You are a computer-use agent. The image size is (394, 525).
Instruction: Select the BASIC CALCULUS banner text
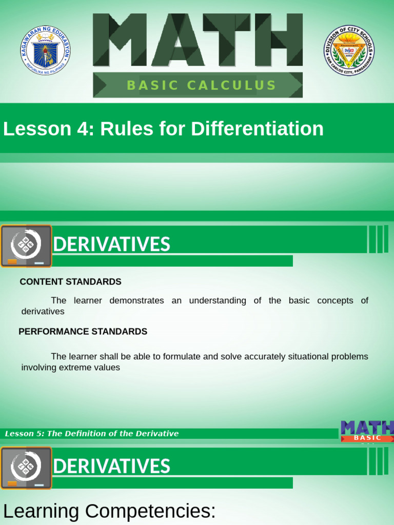[202, 86]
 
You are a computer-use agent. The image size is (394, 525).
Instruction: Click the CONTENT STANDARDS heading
[70, 282]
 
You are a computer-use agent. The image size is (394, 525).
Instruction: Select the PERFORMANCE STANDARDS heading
[83, 332]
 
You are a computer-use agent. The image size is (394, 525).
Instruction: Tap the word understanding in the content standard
[218, 301]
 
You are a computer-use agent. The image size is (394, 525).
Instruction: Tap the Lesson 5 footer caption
[92, 434]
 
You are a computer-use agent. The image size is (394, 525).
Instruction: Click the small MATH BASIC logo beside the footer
[367, 431]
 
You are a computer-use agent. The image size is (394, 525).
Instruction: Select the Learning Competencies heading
[109, 511]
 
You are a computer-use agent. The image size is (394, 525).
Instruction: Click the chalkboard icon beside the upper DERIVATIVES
[26, 246]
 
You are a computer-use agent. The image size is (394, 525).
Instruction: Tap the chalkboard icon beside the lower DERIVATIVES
[26, 468]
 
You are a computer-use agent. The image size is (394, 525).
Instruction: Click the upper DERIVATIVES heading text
[111, 245]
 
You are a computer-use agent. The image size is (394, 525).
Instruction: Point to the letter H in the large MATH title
[279, 40]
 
